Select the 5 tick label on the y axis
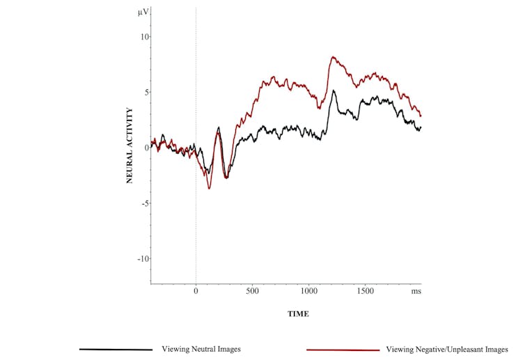coord(144,92)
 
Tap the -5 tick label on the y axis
coord(143,203)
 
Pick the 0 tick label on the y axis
coord(144,148)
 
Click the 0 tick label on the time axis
coord(196,291)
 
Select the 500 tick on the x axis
coord(252,291)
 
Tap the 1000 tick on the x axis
coord(308,291)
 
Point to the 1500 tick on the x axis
coord(365,291)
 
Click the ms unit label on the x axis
coord(416,291)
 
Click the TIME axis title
coord(298,314)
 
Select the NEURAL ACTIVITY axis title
coord(130,145)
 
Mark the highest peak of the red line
coord(333,57)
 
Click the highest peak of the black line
coord(334,91)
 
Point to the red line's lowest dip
coord(209,188)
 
